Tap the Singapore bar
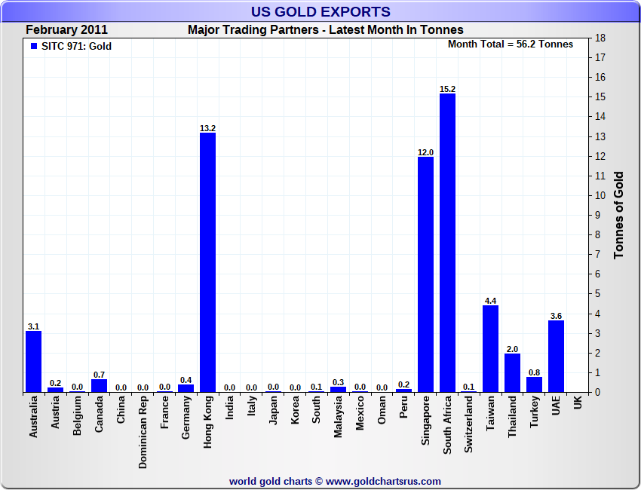coord(425,274)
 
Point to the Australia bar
coord(33,361)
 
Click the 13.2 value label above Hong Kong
coord(207,128)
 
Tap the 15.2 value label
coord(447,89)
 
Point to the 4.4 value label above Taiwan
coord(491,301)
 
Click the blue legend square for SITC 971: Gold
coord(33,46)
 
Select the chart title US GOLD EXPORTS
coord(320,11)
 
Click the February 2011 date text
coord(66,30)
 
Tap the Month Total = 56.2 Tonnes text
coord(511,44)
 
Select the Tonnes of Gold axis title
coord(618,215)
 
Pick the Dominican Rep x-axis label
coord(143,433)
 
